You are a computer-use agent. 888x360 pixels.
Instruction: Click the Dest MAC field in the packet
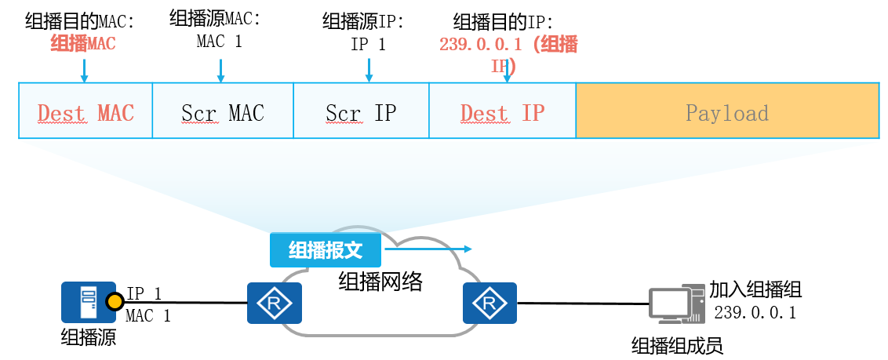[85, 111]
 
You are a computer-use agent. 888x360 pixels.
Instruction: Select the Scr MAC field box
[222, 111]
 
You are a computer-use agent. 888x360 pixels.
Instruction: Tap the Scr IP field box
[361, 111]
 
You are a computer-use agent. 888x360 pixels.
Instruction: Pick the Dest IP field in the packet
[502, 111]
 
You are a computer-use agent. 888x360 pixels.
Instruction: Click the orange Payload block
[726, 111]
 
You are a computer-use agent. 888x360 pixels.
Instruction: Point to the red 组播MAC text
[83, 44]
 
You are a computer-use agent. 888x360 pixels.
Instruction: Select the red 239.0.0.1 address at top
[480, 45]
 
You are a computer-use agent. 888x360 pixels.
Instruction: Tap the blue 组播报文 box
[326, 249]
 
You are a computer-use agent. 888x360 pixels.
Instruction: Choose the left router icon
[275, 303]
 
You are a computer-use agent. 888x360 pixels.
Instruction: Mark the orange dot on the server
[115, 301]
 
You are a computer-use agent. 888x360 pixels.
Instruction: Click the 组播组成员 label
[676, 345]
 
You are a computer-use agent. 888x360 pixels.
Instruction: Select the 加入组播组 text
[755, 289]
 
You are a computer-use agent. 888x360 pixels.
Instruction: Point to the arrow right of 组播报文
[428, 249]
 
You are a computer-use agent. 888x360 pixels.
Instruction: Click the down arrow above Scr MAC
[220, 70]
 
